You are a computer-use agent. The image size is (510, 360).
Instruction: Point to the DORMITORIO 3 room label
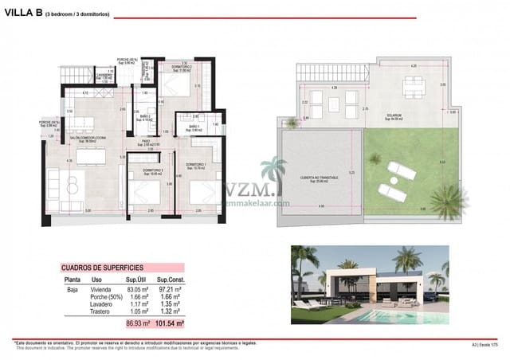tap(153, 171)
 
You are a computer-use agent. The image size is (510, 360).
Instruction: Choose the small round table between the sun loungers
tap(382, 182)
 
